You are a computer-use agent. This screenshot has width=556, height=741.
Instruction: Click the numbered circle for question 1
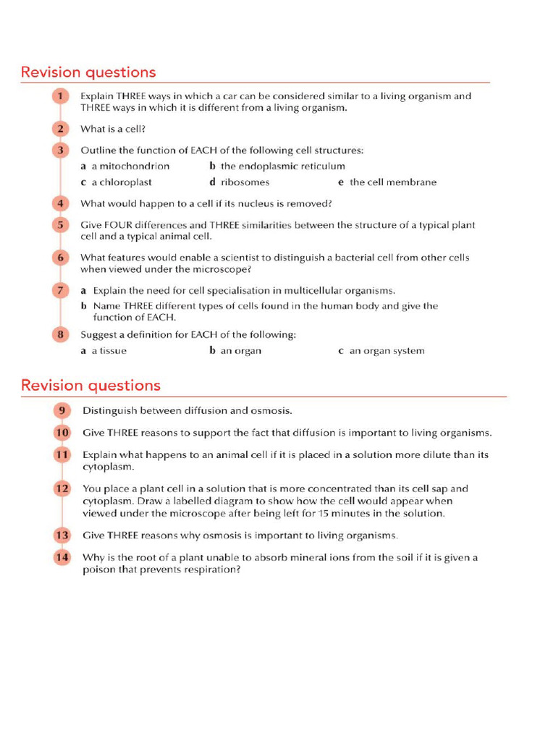[x=60, y=96]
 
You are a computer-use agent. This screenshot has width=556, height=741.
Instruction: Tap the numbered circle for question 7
[x=60, y=290]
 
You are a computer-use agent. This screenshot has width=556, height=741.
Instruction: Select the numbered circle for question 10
[x=62, y=433]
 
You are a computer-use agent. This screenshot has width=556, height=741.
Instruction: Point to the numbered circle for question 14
[x=62, y=557]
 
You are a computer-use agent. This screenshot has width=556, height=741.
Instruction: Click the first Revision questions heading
[x=88, y=72]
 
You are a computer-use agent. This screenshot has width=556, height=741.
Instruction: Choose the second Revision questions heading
[x=90, y=385]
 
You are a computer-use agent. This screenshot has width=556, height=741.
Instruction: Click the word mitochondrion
[x=135, y=166]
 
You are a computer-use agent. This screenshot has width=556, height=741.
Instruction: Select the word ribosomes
[x=245, y=182]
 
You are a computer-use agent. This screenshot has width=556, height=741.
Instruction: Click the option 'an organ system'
[x=387, y=351]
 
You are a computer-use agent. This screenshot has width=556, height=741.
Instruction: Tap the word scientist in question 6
[x=223, y=258]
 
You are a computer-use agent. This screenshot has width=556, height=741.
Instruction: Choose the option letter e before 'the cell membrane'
[x=340, y=182]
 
